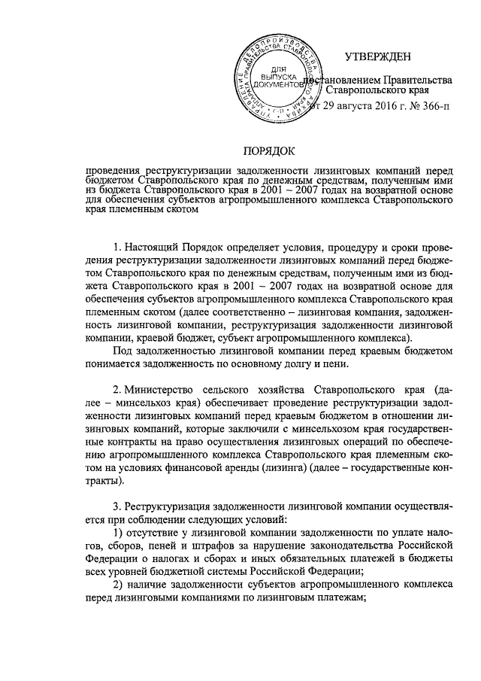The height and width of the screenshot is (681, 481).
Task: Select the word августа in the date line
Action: (x=346, y=107)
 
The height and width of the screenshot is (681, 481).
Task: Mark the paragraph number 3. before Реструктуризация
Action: (x=116, y=503)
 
